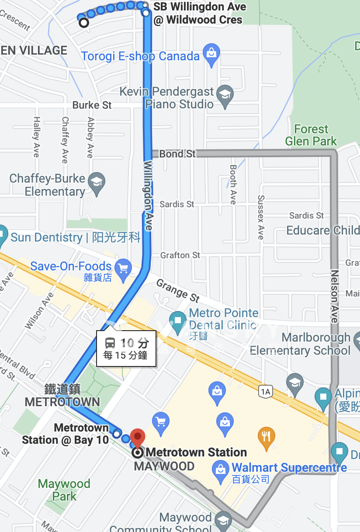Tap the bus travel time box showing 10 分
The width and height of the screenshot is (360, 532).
(126, 349)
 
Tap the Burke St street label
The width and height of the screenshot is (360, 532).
(92, 105)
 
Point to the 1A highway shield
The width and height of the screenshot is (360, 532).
(265, 392)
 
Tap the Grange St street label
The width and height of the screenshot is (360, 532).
(178, 291)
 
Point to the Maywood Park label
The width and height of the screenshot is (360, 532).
(64, 490)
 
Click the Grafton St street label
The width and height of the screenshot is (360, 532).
(180, 255)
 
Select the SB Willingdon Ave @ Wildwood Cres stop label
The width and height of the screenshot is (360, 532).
(199, 14)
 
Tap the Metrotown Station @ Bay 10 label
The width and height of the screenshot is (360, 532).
(66, 434)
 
